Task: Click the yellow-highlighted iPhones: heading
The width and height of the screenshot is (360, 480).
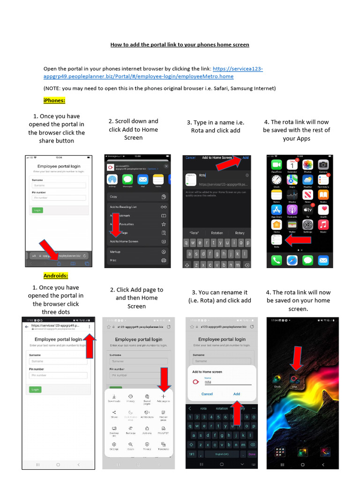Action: (54, 100)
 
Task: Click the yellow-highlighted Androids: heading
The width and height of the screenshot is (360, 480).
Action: (56, 276)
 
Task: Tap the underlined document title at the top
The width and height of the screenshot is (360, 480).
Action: (180, 45)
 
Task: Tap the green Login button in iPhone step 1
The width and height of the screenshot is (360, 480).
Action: (37, 210)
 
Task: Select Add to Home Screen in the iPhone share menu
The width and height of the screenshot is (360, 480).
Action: (124, 241)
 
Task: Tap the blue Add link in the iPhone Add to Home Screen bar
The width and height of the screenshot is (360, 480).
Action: (245, 158)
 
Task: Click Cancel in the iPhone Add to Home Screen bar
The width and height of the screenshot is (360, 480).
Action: (190, 158)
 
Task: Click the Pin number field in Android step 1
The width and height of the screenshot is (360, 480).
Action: (58, 375)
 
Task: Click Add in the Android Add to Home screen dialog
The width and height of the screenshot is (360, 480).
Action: (237, 394)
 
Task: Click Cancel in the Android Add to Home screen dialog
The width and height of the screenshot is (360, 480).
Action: (207, 394)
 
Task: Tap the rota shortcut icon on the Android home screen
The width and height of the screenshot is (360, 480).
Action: (294, 380)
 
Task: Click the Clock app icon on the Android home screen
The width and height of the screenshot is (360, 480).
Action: (277, 380)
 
